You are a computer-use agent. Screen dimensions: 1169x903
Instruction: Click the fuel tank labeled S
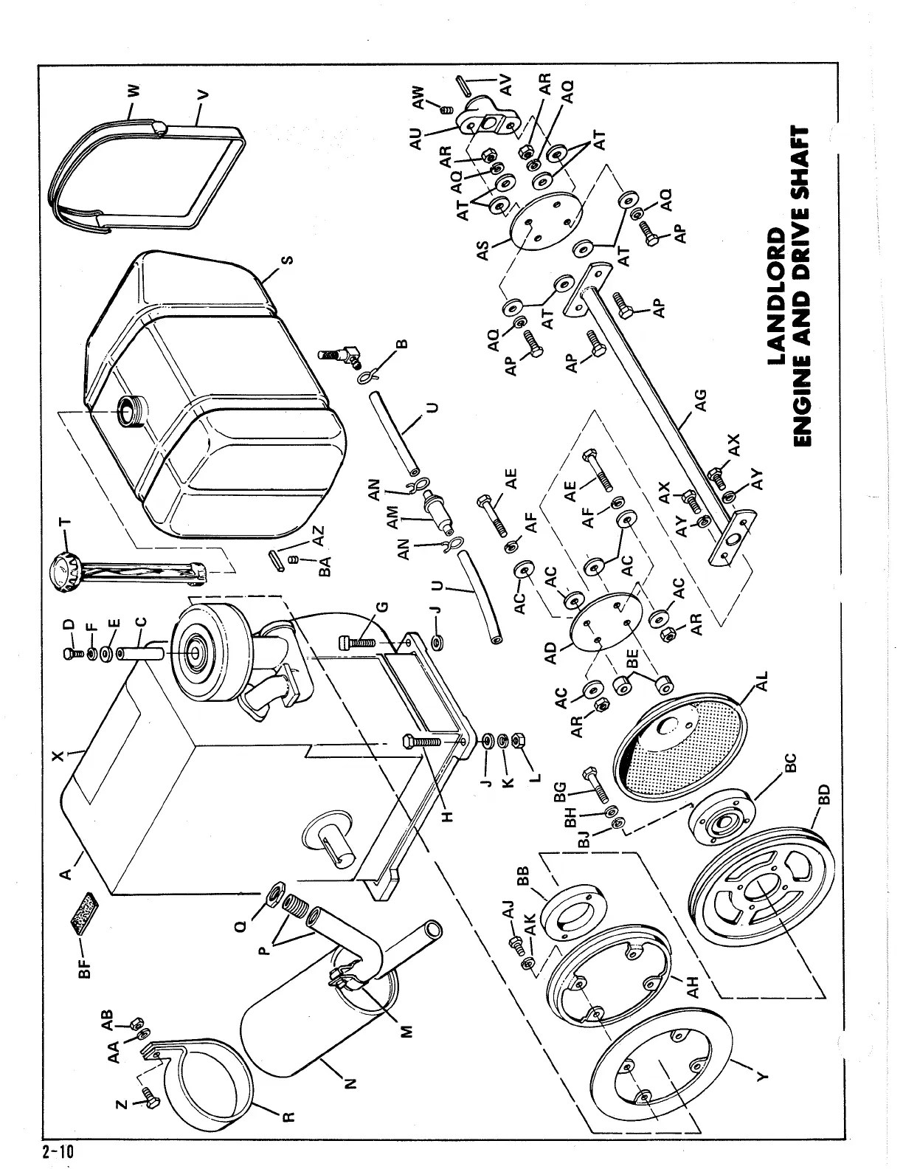[x=214, y=391]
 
